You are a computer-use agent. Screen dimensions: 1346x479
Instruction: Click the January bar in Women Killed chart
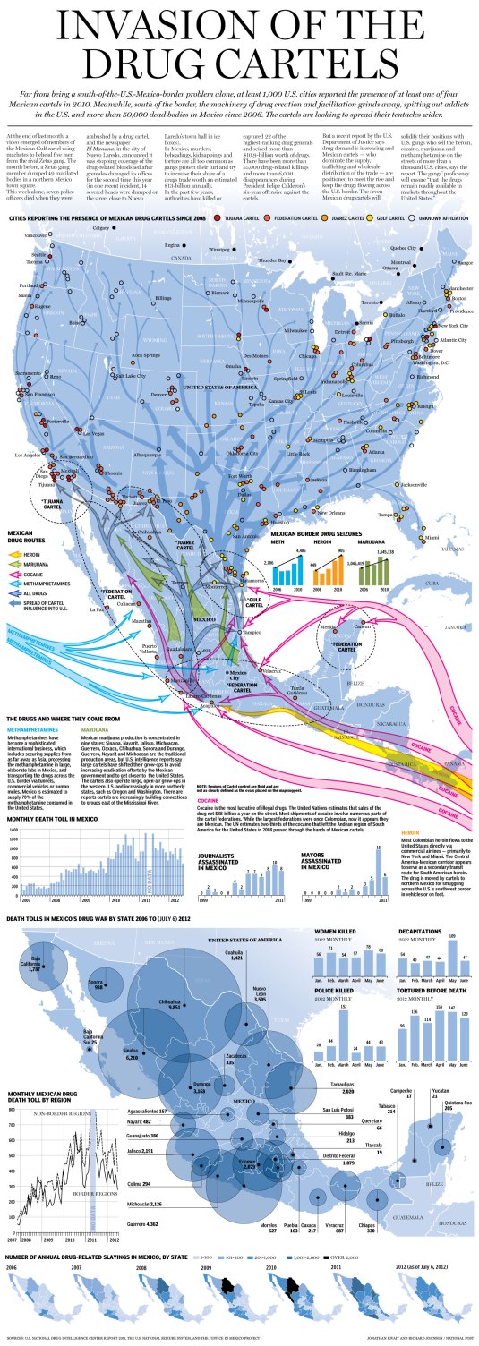[x=318, y=967]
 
